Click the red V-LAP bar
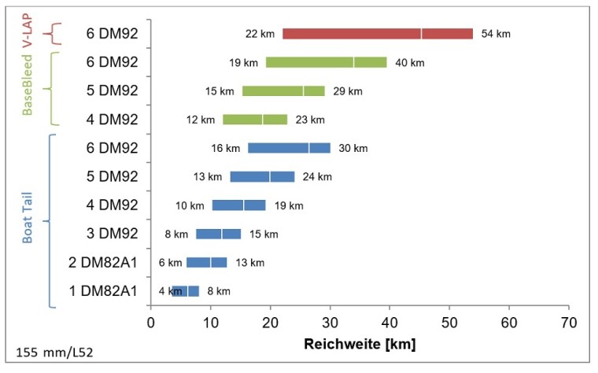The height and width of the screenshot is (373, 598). tap(378, 34)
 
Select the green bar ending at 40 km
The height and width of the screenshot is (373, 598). tap(326, 62)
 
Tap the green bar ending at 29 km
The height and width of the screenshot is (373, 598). tap(283, 91)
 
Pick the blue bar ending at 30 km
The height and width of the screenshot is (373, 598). tap(289, 148)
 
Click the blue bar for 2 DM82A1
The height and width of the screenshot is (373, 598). tap(206, 262)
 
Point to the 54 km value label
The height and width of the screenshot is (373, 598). tap(496, 34)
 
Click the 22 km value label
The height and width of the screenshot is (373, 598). tap(260, 34)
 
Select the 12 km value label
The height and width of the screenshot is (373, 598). tap(201, 120)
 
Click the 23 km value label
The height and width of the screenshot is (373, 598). tap(308, 120)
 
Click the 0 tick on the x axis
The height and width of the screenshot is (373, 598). tap(151, 322)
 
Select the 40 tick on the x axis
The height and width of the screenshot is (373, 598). tap(389, 322)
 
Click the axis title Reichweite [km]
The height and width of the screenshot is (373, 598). tap(360, 344)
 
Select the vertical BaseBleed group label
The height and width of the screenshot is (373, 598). tap(30, 85)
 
